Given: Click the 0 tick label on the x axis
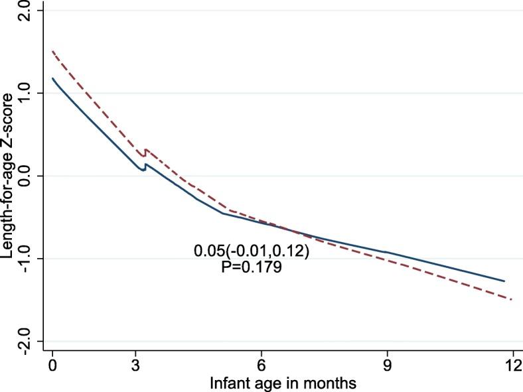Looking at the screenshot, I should click(52, 365).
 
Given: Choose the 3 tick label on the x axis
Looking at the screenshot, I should click(136, 365).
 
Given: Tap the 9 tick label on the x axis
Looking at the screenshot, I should click(386, 365).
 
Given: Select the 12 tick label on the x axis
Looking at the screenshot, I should click(511, 365).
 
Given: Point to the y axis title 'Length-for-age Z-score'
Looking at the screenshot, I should click(9, 176).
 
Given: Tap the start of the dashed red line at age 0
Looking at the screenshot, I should click(52, 50).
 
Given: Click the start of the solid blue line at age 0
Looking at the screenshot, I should click(52, 78).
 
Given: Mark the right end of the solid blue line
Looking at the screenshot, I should click(504, 281).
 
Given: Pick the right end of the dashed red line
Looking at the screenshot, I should click(512, 300).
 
